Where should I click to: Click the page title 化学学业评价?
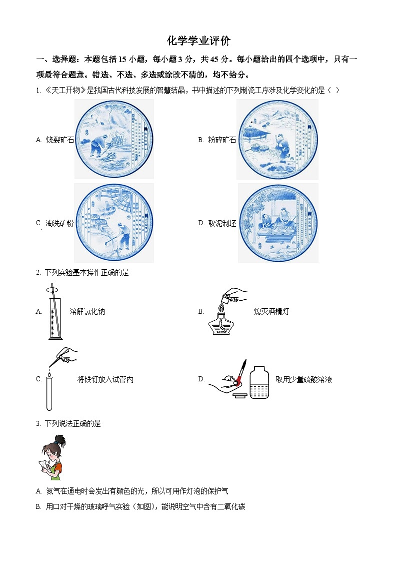tap(198, 41)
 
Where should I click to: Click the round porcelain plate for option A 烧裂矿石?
tap(114, 139)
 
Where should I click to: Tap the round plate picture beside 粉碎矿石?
tap(277, 139)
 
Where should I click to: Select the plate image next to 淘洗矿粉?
tap(114, 223)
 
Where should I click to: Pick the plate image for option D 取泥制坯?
tap(278, 223)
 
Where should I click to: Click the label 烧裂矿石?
tap(60, 140)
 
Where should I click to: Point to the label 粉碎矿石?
tap(222, 140)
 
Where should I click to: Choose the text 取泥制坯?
tap(222, 223)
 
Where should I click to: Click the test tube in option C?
tap(49, 393)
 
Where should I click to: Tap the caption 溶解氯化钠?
tap(87, 311)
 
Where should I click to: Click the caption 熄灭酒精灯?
tap(271, 311)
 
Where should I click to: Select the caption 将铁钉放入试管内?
tap(105, 379)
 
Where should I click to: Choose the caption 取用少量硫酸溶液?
tap(304, 379)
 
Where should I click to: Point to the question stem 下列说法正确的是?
tap(73, 423)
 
